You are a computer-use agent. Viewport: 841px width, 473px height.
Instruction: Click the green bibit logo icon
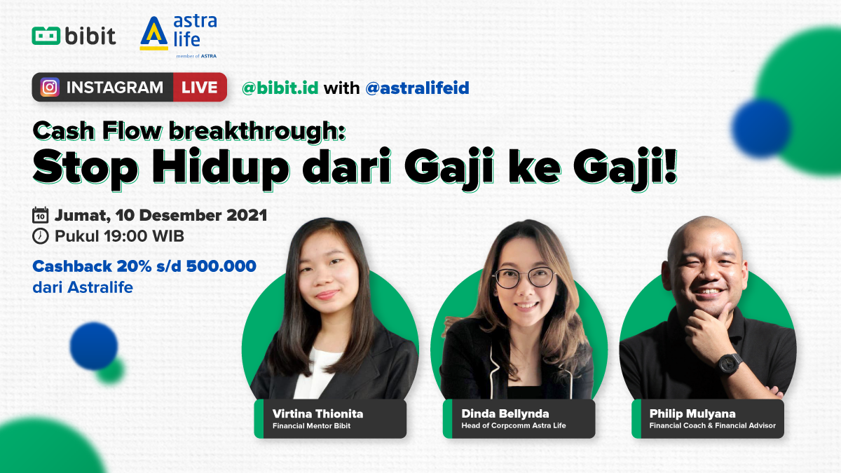tap(46, 36)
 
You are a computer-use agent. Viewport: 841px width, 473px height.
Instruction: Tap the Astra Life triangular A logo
tap(154, 33)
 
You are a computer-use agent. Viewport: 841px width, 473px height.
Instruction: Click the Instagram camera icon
tap(50, 87)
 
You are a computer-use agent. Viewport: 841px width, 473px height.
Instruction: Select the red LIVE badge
tap(200, 87)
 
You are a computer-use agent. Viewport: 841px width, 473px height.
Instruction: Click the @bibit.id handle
tap(280, 88)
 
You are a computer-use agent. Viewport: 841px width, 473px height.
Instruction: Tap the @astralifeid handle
tap(417, 88)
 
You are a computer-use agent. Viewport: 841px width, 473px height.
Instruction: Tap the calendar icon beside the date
tap(40, 216)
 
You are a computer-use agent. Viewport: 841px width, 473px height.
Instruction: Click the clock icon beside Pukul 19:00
tap(41, 237)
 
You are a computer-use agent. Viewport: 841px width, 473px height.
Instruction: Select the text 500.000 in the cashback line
tap(221, 266)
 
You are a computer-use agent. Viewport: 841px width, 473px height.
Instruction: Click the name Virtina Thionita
tap(317, 413)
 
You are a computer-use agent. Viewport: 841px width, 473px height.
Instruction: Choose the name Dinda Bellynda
tap(505, 413)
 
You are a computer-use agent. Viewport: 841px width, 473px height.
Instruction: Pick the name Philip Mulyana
tap(692, 413)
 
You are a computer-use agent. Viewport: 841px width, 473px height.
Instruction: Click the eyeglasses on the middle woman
tap(524, 277)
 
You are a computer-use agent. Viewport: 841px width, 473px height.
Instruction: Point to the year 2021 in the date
tap(247, 215)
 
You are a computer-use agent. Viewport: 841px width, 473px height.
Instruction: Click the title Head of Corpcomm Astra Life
tap(514, 425)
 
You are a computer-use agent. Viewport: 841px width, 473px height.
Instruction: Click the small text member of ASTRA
tap(196, 56)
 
